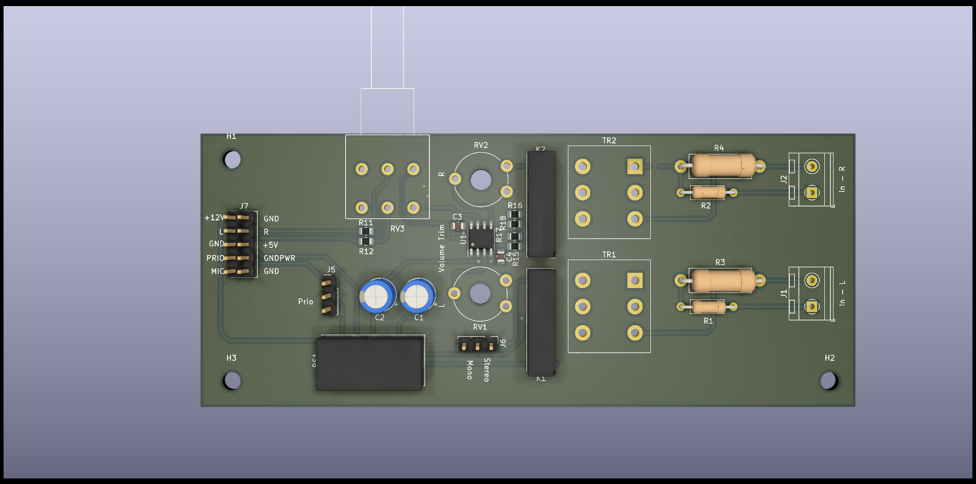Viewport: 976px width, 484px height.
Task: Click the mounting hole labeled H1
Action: coord(232,160)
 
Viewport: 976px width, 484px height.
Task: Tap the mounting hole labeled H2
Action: coord(828,380)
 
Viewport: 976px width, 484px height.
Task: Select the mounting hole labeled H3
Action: coord(232,380)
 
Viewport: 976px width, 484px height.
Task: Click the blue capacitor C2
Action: coord(378,296)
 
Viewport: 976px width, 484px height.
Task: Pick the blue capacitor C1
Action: coord(418,296)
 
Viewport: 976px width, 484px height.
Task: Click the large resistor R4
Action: coord(722,165)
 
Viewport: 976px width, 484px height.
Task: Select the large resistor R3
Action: coord(722,280)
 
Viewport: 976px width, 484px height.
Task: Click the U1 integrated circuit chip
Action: coord(481,238)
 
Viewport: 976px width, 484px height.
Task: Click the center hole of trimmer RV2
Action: coord(481,180)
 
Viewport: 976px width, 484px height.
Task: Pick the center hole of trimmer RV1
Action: coord(480,294)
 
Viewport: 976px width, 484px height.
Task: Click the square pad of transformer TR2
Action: coord(635,166)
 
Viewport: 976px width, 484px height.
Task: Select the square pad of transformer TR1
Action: coord(635,280)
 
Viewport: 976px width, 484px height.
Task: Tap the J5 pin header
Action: coord(329,296)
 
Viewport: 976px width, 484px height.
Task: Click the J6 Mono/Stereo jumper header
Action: coord(477,345)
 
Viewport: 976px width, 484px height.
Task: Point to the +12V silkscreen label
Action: coord(214,218)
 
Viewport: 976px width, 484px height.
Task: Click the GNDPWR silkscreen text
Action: coord(279,258)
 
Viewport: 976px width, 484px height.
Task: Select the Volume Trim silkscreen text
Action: coord(442,248)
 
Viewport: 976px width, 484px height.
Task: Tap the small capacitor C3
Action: coord(458,225)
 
